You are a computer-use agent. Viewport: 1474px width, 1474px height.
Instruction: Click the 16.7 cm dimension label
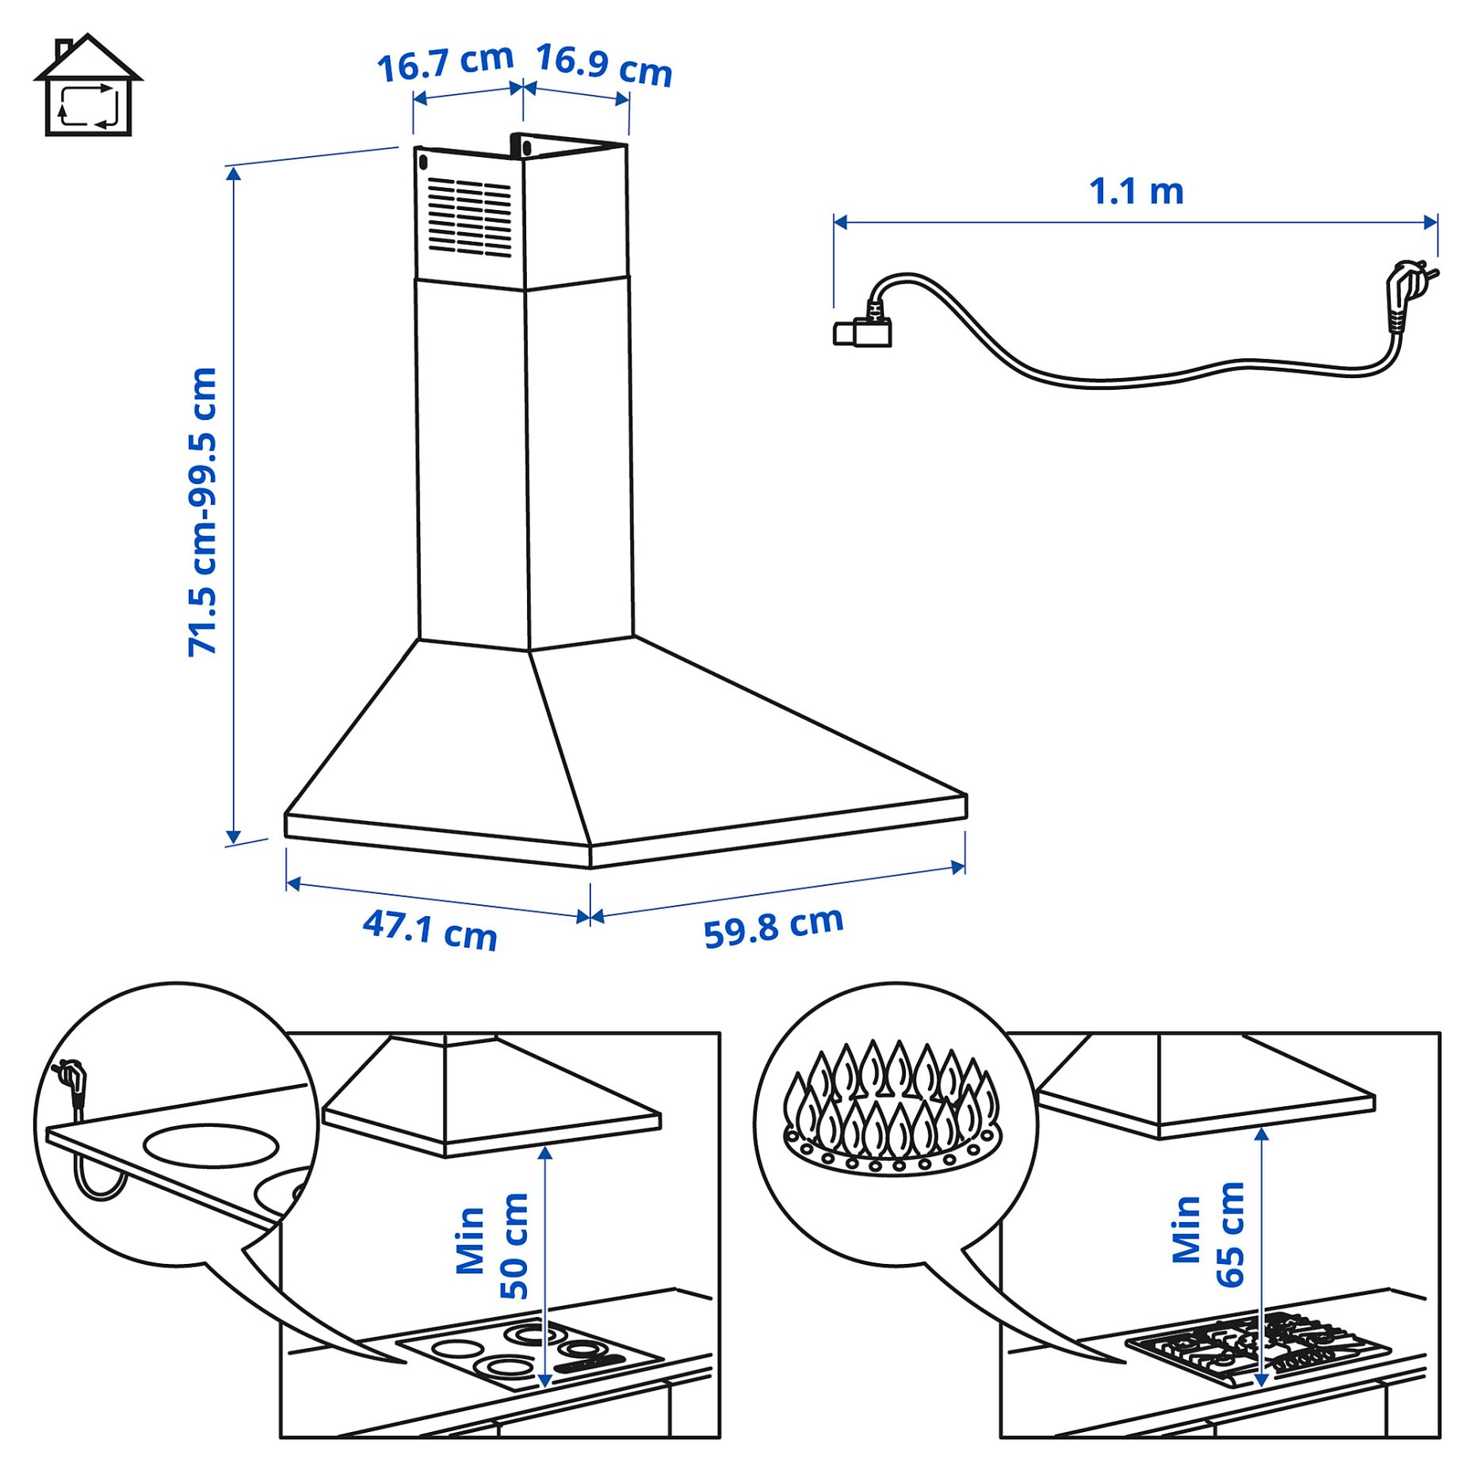445,63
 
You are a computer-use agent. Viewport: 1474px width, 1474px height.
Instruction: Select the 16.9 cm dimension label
604,65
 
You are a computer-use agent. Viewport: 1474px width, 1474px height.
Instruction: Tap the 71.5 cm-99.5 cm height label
203,512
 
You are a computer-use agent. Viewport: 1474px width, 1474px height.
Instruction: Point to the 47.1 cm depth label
430,930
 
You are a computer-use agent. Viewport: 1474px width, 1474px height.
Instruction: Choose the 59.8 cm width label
773,926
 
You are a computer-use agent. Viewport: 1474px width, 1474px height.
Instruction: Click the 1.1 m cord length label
1136,192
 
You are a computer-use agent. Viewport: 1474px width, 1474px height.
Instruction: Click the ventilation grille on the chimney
469,216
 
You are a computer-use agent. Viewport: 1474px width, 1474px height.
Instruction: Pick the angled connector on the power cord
864,330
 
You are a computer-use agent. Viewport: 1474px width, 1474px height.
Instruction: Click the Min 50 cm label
491,1245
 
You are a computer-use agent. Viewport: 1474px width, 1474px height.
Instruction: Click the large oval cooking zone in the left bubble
211,1146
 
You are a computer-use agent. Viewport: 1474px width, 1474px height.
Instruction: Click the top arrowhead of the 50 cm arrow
545,1152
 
